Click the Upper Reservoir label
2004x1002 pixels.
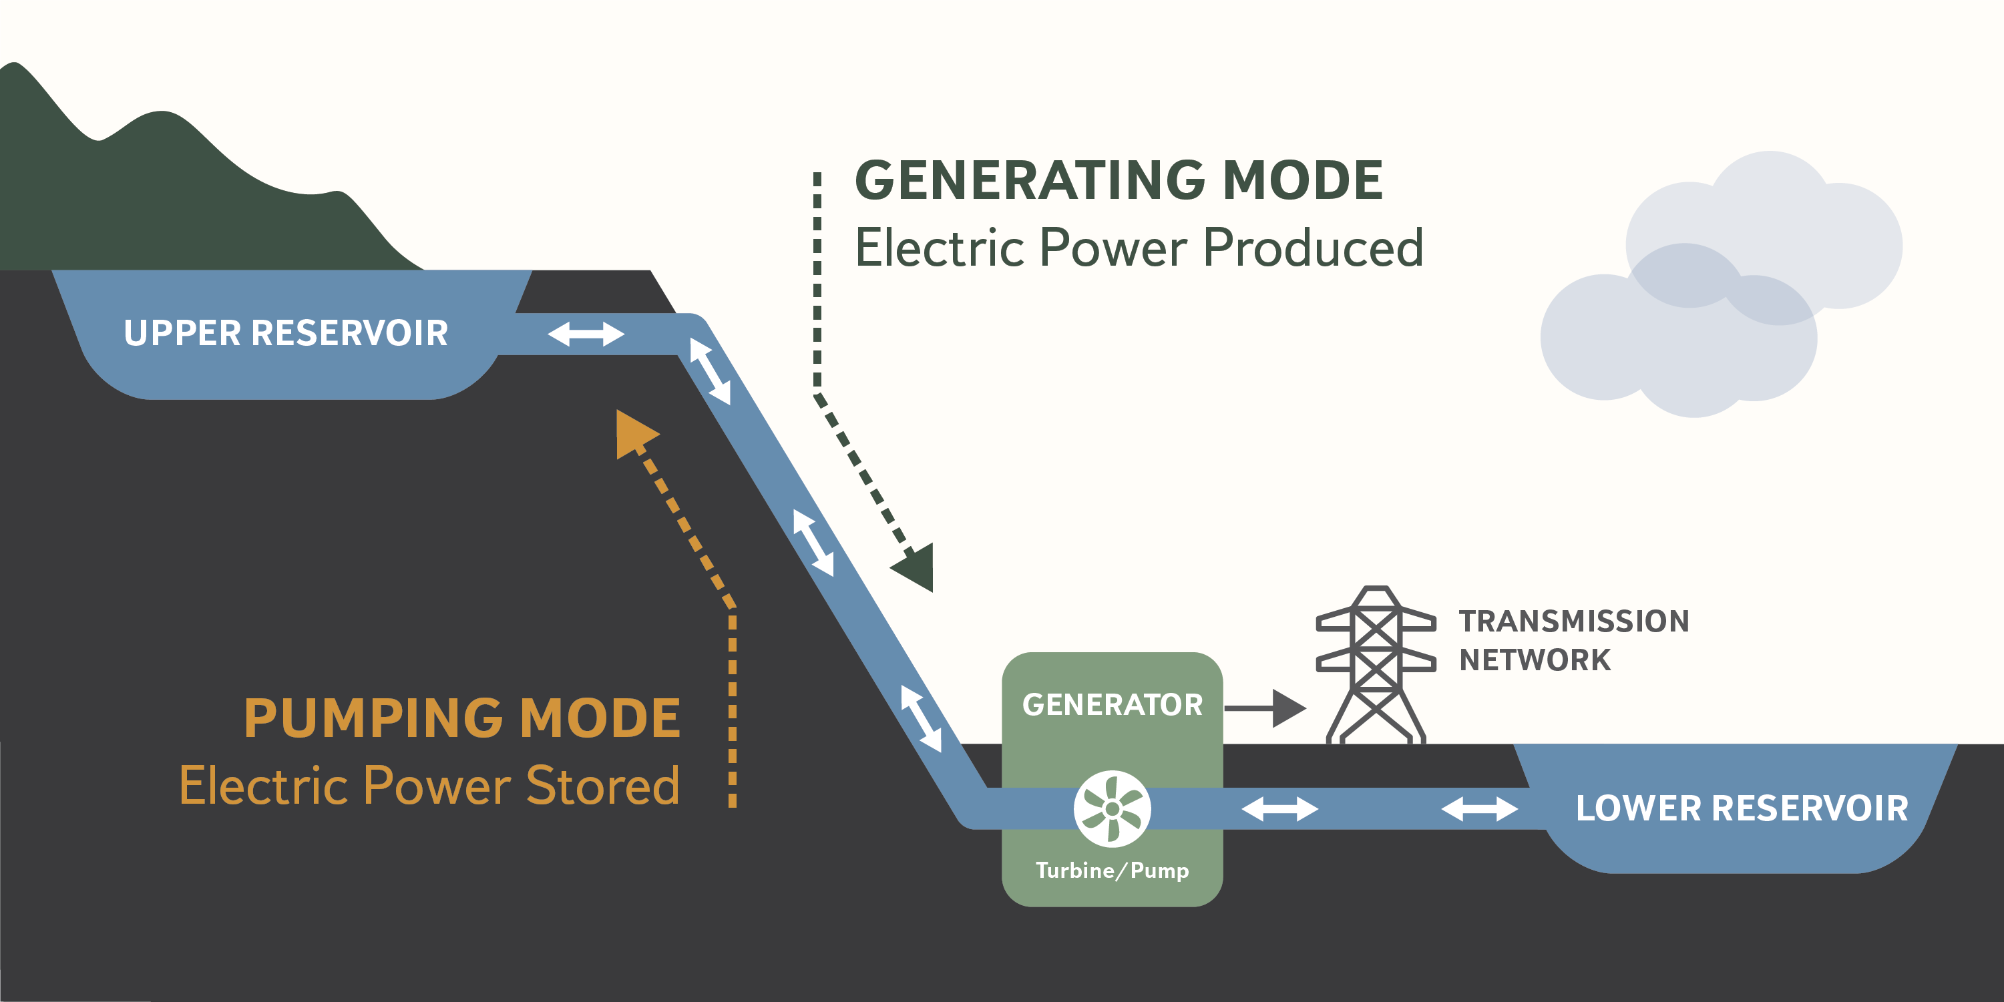(286, 333)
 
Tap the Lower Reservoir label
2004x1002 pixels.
(1741, 808)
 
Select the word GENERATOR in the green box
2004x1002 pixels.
(1112, 705)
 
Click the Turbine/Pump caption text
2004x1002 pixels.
(1112, 870)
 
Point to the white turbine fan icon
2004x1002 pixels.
(1113, 809)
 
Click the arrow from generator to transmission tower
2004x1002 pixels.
(1265, 708)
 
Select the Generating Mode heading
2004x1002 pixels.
(1119, 180)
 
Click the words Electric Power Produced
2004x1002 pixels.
(1139, 248)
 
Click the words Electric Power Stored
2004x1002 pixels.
(429, 785)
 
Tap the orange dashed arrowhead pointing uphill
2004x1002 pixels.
(633, 433)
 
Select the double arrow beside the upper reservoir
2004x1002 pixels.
(586, 334)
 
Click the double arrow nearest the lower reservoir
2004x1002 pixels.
(1479, 809)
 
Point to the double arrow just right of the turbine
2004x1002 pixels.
(1279, 809)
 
